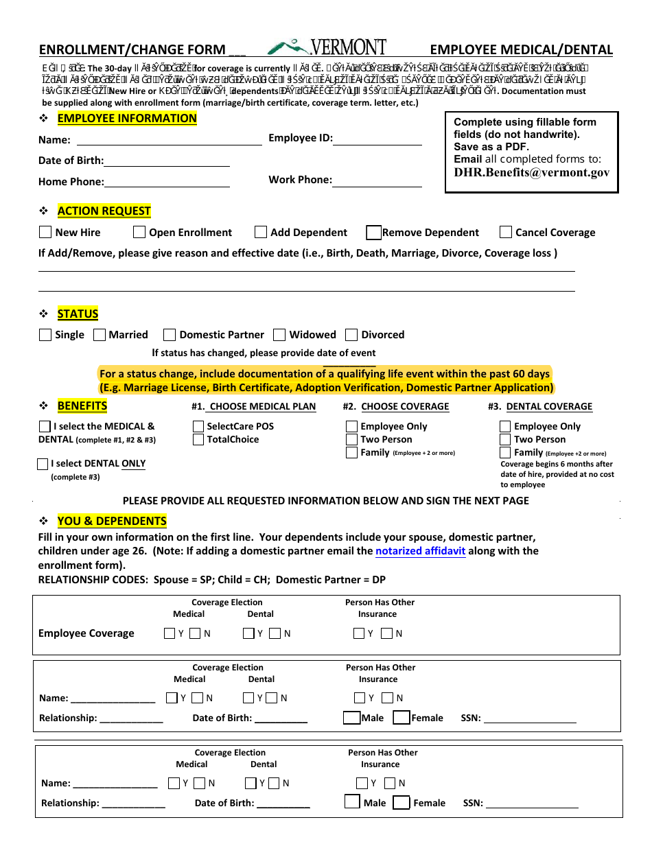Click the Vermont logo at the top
click(x=327, y=47)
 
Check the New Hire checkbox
click(x=45, y=232)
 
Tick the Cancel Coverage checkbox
click(x=506, y=232)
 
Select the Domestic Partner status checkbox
click(x=170, y=335)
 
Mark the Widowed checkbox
click(x=279, y=335)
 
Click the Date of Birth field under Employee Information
click(x=166, y=161)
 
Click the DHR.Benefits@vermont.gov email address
click(x=531, y=173)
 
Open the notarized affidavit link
click(x=420, y=551)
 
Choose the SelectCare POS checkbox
click(x=198, y=426)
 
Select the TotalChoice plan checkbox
click(x=198, y=439)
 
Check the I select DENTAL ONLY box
click(x=43, y=464)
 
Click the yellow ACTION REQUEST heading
click(x=104, y=211)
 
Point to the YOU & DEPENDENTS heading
click(x=112, y=521)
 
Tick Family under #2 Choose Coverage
click(x=352, y=452)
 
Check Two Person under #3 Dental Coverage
click(x=506, y=439)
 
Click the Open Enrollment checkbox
click(x=139, y=232)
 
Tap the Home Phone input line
click(x=167, y=182)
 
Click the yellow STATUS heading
click(x=78, y=314)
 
